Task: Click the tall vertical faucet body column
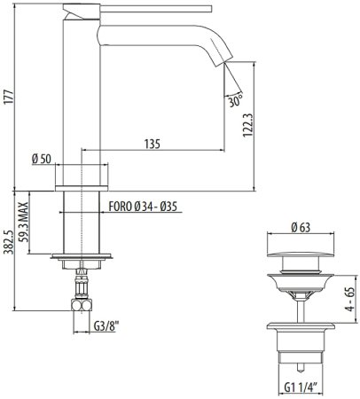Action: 82,98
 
